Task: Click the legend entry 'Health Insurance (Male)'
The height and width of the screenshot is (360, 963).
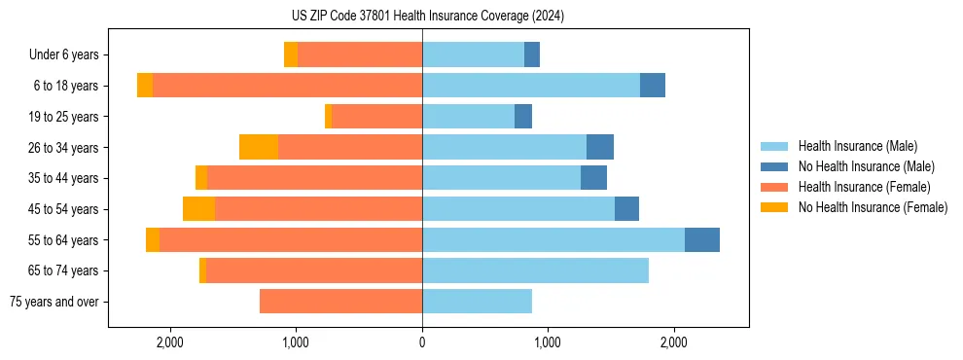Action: click(x=857, y=146)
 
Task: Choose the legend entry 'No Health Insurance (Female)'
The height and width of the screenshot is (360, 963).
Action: click(x=873, y=207)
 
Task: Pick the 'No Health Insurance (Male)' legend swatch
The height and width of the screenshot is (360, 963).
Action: click(x=774, y=166)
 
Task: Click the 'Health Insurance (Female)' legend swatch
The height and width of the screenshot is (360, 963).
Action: click(x=774, y=187)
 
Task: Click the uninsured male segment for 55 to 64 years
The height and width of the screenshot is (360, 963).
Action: click(x=702, y=240)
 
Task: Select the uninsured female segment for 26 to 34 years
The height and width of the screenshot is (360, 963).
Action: click(x=259, y=148)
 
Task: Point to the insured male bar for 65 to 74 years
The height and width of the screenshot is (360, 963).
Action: click(x=535, y=270)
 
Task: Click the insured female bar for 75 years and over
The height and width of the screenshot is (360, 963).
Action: click(x=340, y=302)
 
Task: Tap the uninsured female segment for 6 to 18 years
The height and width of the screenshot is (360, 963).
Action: click(x=145, y=86)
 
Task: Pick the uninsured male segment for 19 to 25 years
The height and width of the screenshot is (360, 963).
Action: click(x=523, y=117)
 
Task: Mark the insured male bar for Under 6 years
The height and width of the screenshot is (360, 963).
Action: click(x=473, y=55)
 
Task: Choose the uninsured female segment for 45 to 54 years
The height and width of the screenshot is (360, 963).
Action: click(x=198, y=209)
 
